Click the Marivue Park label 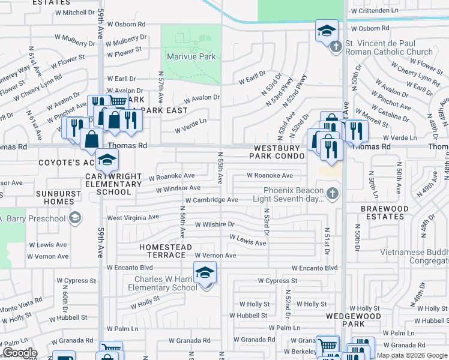pyautogui.click(x=191, y=57)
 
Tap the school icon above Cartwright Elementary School pyautogui.click(x=107, y=160)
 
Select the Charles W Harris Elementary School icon pyautogui.click(x=205, y=273)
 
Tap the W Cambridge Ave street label pyautogui.click(x=212, y=200)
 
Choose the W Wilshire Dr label pyautogui.click(x=214, y=224)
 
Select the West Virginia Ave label pyautogui.click(x=133, y=217)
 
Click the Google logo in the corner pyautogui.click(x=20, y=353)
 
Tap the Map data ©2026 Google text pyautogui.click(x=412, y=355)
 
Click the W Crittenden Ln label pyautogui.click(x=375, y=11)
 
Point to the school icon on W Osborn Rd pyautogui.click(x=327, y=31)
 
